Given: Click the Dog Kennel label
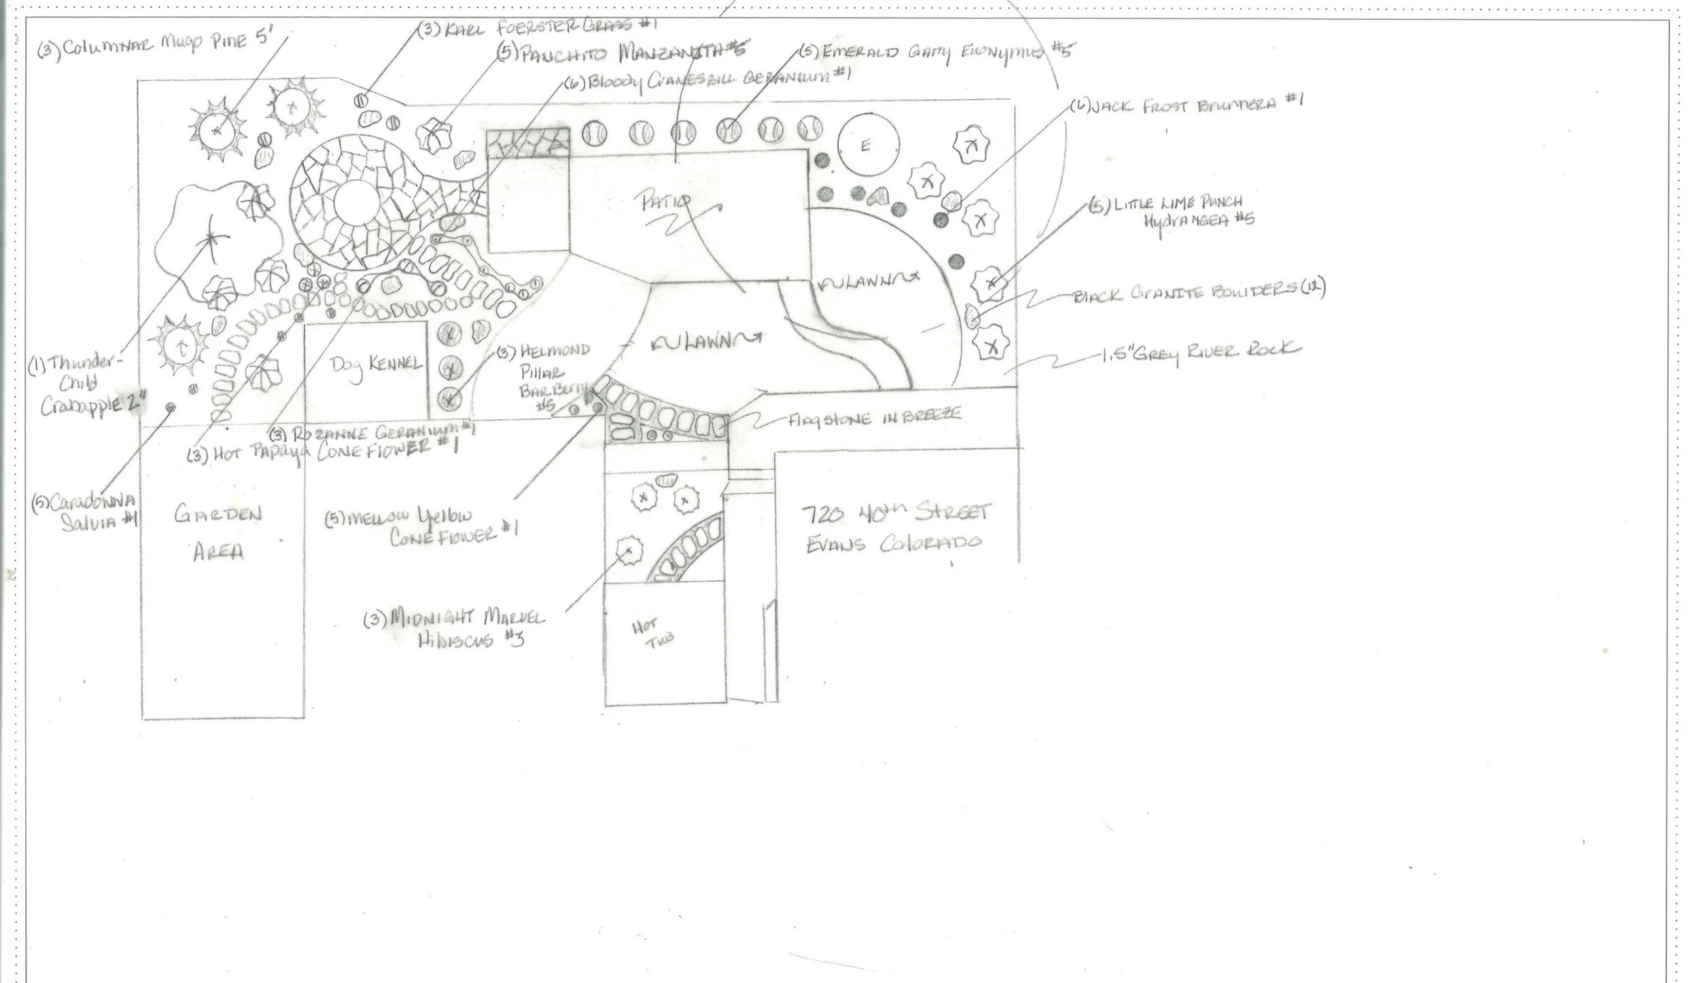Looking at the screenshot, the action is [x=376, y=366].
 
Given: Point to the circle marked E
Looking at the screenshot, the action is [x=864, y=146].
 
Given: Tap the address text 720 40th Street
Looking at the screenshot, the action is [x=897, y=514].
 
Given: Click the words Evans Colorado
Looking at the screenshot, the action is [x=894, y=544].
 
